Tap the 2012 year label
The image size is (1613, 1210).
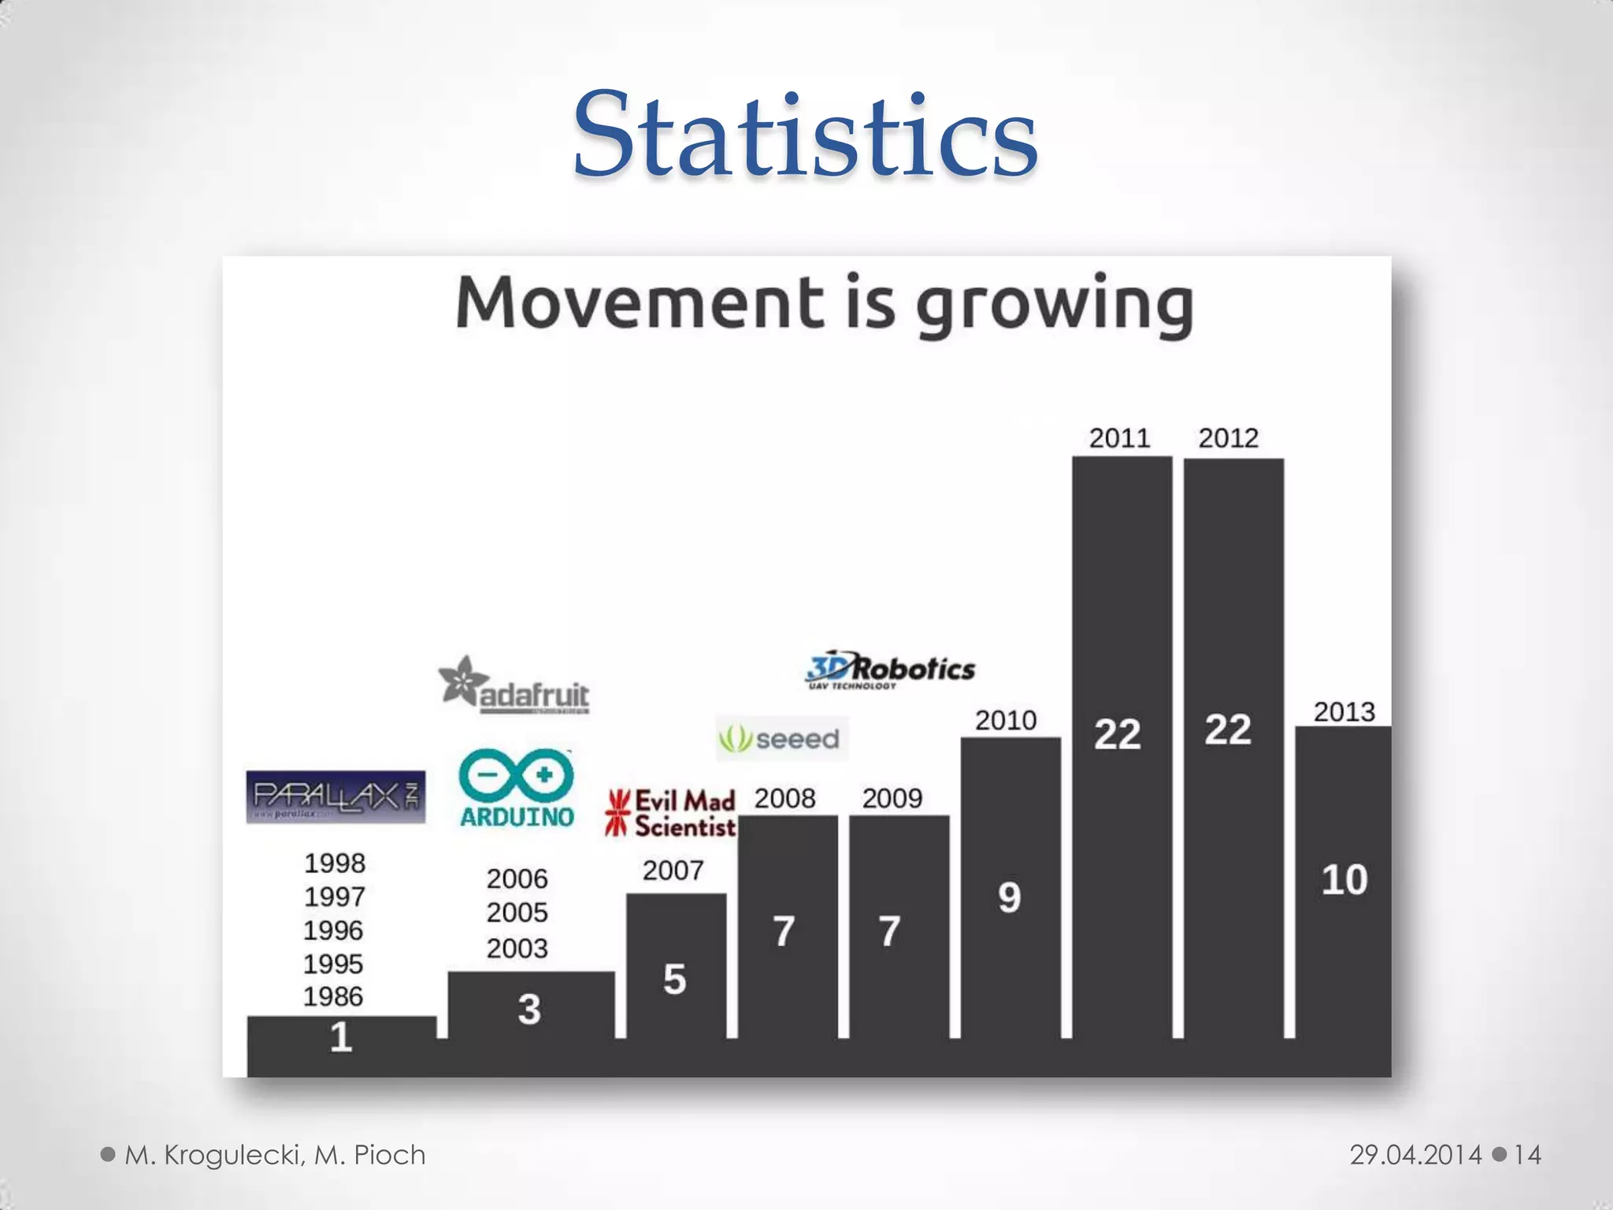(x=1228, y=438)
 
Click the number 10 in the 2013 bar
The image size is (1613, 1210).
(x=1344, y=880)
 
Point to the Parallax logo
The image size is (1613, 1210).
(x=336, y=796)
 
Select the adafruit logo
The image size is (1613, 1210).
(x=514, y=685)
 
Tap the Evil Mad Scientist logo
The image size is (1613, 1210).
(x=671, y=813)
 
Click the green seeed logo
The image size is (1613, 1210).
(x=781, y=739)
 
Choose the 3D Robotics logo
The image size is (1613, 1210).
(x=890, y=670)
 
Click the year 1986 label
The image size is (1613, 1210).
(x=333, y=997)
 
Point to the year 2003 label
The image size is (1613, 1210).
(x=517, y=948)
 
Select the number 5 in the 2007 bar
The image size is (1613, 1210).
(x=674, y=979)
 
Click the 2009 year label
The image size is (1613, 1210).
(x=892, y=799)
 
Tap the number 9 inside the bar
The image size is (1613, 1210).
(x=1009, y=897)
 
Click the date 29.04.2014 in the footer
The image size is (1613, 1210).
(x=1415, y=1155)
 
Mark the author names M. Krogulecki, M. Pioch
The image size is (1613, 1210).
(x=275, y=1155)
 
